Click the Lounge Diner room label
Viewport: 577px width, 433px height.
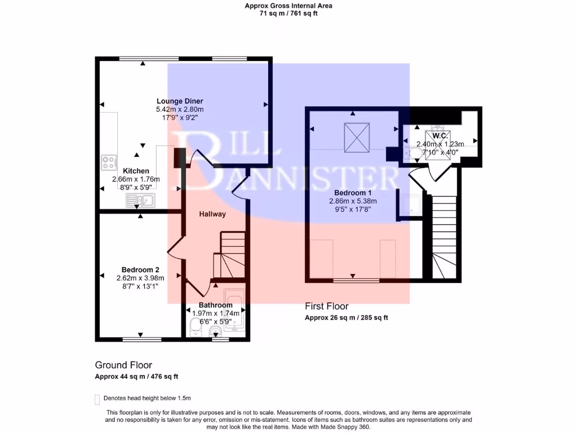(x=180, y=101)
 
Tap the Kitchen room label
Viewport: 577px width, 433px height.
(x=136, y=171)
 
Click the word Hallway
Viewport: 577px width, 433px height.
(x=212, y=214)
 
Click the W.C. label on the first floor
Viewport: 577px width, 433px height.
(x=440, y=135)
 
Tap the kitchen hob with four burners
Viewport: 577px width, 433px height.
(x=109, y=162)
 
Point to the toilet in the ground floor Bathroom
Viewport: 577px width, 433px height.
(x=194, y=325)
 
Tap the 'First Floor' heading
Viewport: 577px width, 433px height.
(x=327, y=306)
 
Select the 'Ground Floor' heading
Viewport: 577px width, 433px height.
(x=123, y=365)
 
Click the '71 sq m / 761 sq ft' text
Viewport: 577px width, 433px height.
(x=288, y=14)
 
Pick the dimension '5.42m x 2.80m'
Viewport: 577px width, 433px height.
(x=180, y=109)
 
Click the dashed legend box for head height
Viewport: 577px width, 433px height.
(x=97, y=399)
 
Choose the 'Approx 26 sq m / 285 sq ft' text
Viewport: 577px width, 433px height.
(x=347, y=317)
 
